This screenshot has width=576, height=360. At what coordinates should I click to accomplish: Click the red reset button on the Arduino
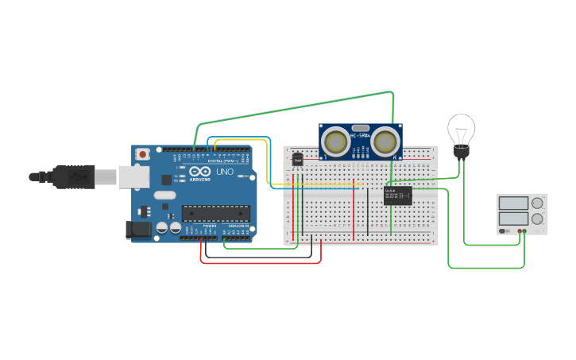(x=142, y=153)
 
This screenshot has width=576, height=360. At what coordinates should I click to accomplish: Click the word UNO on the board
(x=225, y=172)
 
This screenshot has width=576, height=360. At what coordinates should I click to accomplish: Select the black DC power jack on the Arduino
(x=137, y=230)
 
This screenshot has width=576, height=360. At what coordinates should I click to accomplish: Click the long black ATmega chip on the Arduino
(x=215, y=212)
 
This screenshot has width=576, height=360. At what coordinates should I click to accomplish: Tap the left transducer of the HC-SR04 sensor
(x=336, y=142)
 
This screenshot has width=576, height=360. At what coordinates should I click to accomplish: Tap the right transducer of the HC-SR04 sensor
(x=386, y=142)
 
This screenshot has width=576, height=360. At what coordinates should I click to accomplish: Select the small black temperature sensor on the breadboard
(x=298, y=160)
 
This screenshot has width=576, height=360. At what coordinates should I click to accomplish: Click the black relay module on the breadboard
(x=397, y=195)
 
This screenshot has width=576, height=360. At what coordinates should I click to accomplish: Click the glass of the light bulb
(x=461, y=129)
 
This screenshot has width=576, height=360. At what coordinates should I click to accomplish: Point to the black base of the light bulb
(x=460, y=153)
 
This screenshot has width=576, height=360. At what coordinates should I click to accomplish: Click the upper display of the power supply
(x=513, y=203)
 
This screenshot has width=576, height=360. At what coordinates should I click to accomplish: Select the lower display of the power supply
(x=513, y=218)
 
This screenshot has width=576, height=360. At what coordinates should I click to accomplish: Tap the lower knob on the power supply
(x=538, y=218)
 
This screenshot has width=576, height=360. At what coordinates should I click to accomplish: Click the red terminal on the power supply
(x=520, y=231)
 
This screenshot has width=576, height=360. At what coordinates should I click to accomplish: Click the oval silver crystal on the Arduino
(x=164, y=195)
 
